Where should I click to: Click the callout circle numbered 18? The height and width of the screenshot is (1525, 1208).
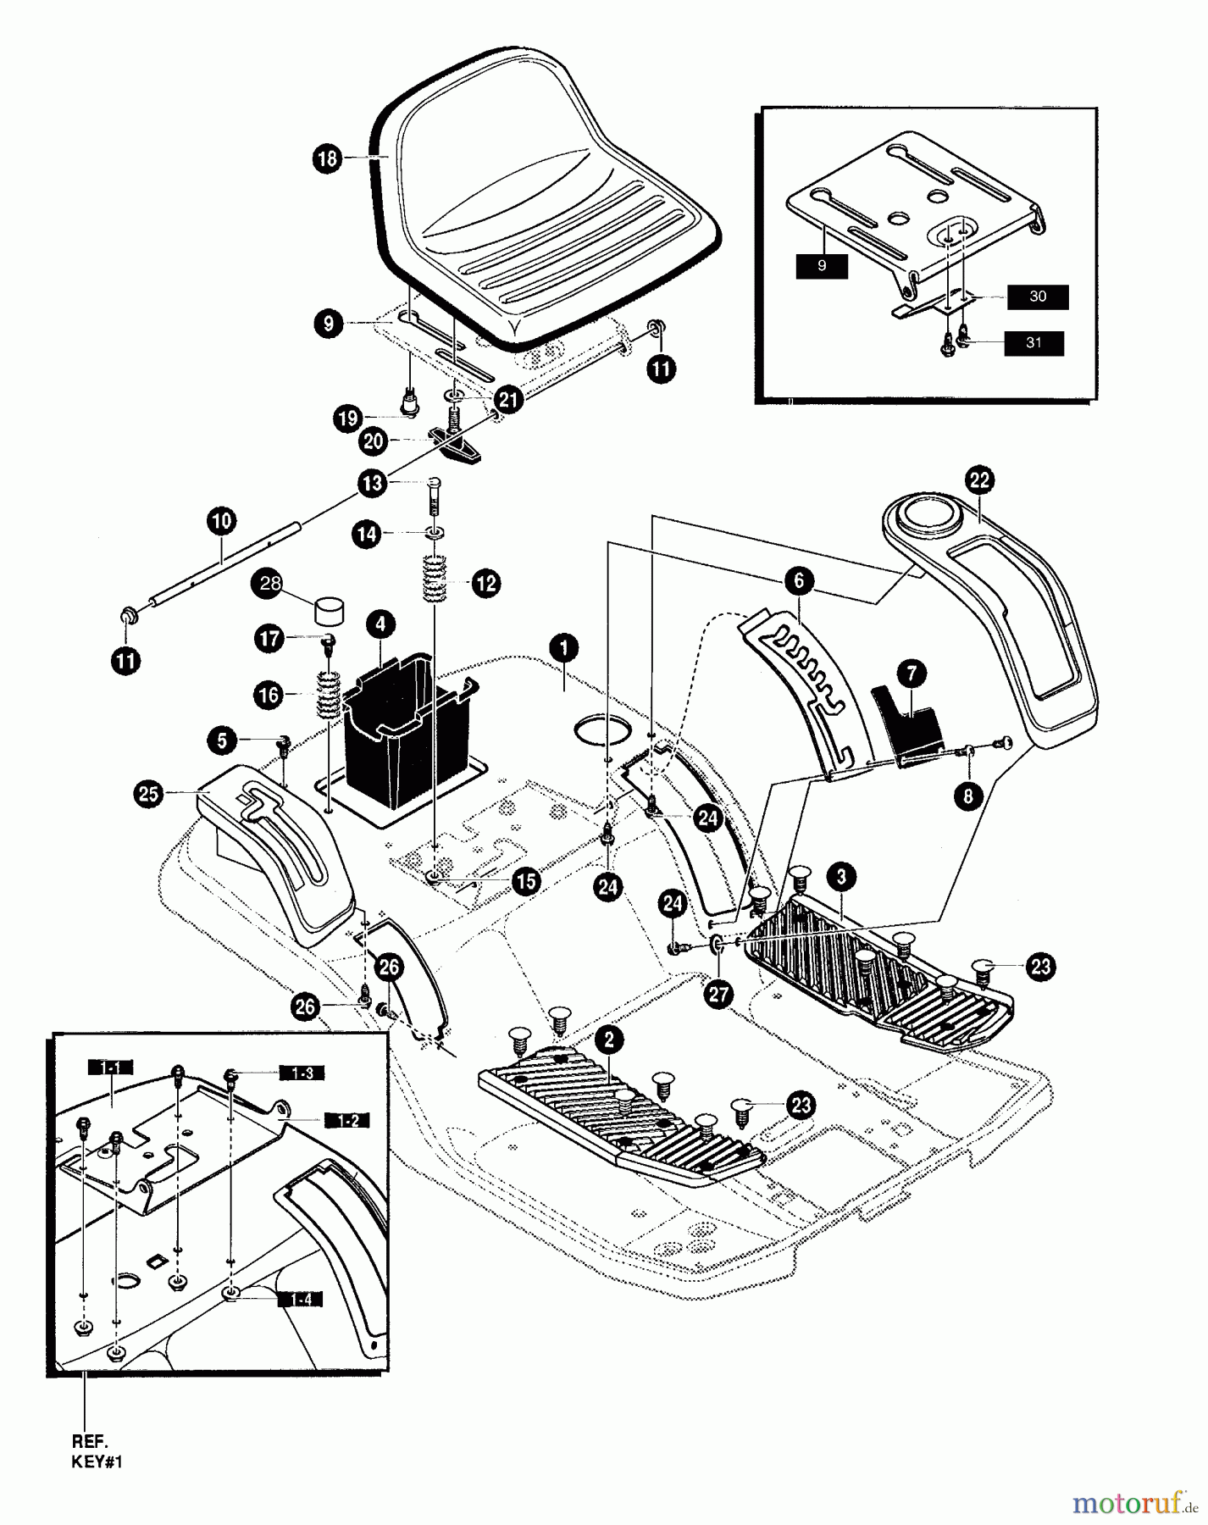pos(328,158)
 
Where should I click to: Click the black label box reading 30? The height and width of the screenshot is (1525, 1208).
pos(1038,297)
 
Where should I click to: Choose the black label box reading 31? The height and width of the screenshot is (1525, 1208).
pos(1033,343)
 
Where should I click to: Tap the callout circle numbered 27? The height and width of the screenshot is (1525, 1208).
pos(718,995)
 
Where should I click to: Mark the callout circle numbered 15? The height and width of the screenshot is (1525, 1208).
pos(526,881)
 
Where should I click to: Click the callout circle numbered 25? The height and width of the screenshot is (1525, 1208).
pos(149,794)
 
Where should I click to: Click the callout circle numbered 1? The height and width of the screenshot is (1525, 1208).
pos(563,649)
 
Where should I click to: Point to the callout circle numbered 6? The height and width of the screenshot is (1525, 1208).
pos(799,581)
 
